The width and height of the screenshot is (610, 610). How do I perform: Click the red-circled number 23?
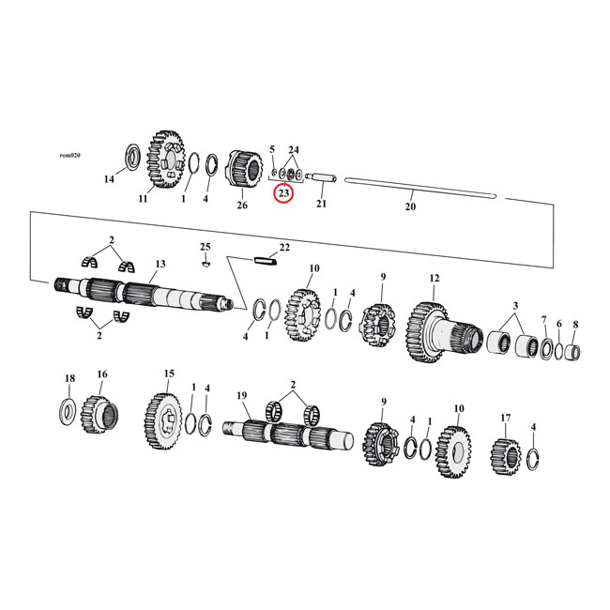click(x=283, y=193)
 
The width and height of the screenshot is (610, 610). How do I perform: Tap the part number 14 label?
click(x=109, y=179)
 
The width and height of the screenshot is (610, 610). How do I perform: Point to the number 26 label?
click(x=242, y=205)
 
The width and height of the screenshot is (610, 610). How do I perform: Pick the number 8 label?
click(x=575, y=324)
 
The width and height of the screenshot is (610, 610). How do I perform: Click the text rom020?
click(x=69, y=155)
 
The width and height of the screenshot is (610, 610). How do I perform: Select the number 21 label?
click(x=321, y=205)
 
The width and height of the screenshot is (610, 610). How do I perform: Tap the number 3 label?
click(x=513, y=306)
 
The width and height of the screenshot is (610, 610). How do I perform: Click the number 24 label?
click(x=294, y=150)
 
